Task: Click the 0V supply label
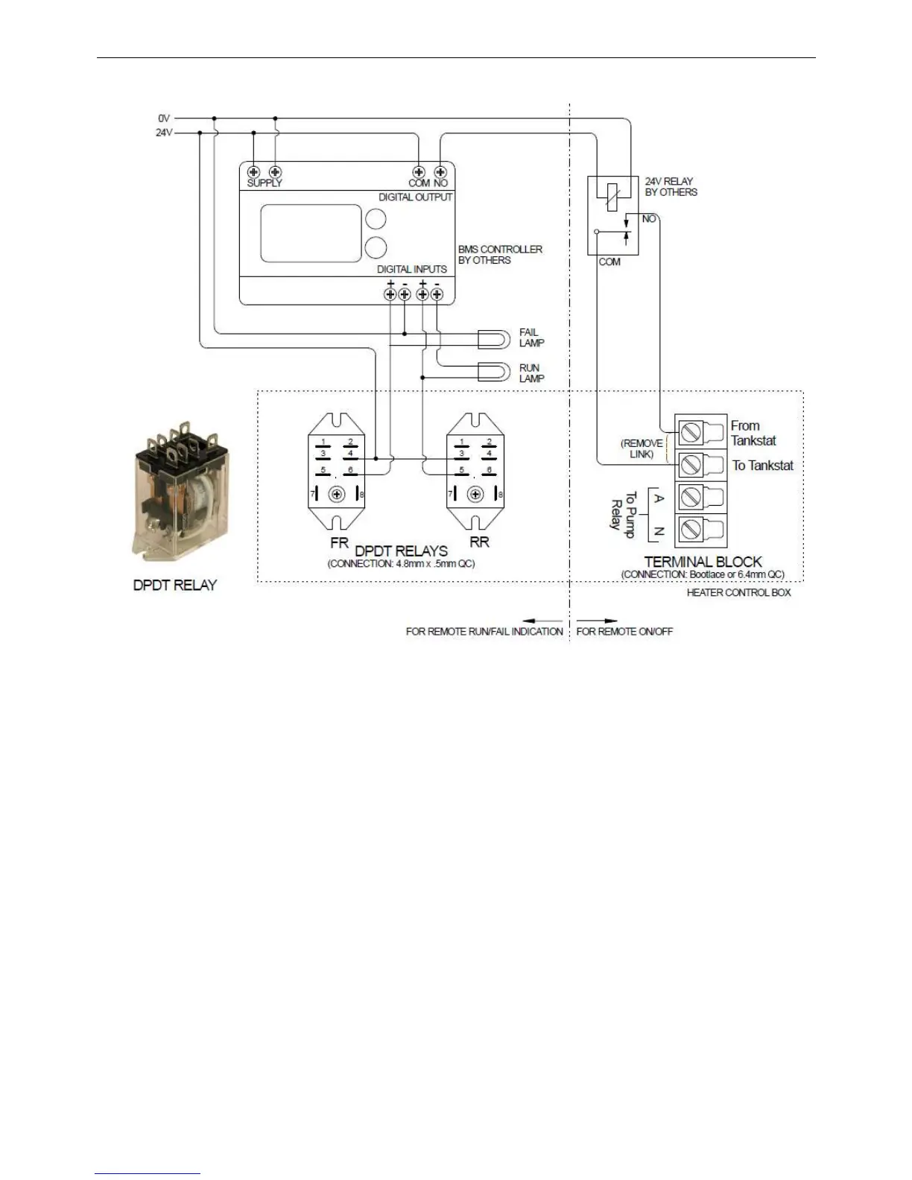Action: click(x=164, y=118)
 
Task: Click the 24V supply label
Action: click(x=164, y=133)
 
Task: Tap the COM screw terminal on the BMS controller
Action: click(x=419, y=172)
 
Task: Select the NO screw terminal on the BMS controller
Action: click(x=440, y=172)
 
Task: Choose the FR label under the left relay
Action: click(x=339, y=543)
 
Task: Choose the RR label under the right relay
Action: click(x=479, y=543)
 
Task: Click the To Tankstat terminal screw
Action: click(x=691, y=466)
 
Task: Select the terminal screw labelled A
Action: click(x=691, y=498)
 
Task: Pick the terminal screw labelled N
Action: click(x=691, y=530)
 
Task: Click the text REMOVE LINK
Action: click(x=642, y=448)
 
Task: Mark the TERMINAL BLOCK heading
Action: click(x=703, y=562)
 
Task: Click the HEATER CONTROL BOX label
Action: click(x=738, y=593)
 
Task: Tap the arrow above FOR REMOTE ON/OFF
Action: click(x=598, y=620)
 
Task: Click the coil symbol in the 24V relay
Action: click(x=609, y=194)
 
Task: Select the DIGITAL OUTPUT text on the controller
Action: click(x=415, y=197)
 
